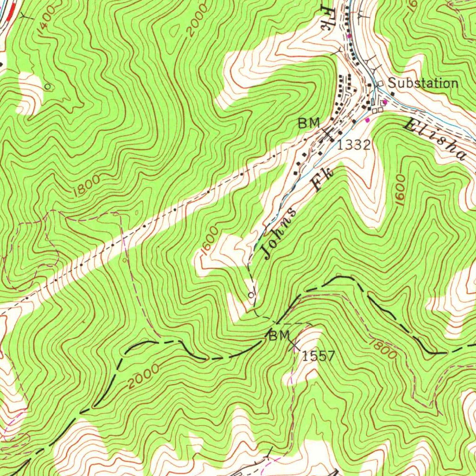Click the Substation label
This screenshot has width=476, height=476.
click(x=423, y=84)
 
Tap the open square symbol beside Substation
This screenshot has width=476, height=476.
click(x=381, y=84)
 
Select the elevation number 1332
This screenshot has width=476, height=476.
click(x=354, y=145)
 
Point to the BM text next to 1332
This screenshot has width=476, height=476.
click(x=309, y=123)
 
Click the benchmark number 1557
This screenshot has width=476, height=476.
click(x=318, y=357)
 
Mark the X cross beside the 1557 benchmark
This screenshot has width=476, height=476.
click(x=294, y=345)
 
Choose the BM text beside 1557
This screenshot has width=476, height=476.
click(x=279, y=336)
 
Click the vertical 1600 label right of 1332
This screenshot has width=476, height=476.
click(x=401, y=188)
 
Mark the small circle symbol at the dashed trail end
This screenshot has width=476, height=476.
click(x=251, y=295)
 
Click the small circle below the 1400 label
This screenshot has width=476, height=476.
click(x=47, y=86)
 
